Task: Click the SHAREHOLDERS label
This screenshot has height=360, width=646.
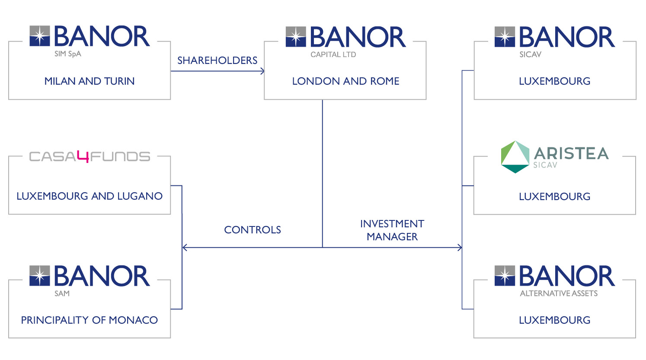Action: pos(217,61)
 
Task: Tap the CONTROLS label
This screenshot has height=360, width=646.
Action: pos(253,230)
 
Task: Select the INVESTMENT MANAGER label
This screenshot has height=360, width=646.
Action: pos(392,230)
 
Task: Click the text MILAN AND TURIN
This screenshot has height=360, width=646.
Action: pos(90,81)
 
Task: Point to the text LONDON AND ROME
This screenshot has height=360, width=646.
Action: pos(345,81)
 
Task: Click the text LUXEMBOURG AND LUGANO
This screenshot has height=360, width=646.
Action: pos(90,196)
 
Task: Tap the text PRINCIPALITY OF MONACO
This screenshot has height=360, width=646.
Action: pos(90,320)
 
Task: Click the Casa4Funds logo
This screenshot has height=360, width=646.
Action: pos(90,157)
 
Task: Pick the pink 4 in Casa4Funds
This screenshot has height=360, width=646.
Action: pos(83,157)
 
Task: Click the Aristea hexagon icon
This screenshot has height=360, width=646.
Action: pos(515,157)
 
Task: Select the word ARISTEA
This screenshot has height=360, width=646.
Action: pos(571,153)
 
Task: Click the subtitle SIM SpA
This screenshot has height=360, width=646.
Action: pos(68,54)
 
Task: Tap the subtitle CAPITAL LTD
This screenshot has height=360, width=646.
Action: pos(333,54)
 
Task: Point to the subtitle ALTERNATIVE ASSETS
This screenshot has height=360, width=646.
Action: pos(559,293)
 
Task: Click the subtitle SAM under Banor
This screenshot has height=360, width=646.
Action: pos(62,293)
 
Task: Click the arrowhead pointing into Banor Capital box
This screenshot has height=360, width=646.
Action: pos(262,71)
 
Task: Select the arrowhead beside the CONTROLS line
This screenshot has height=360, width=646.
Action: pos(185,247)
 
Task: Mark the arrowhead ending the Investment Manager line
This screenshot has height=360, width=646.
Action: pos(460,247)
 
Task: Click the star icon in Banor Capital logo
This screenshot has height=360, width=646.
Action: pos(296,37)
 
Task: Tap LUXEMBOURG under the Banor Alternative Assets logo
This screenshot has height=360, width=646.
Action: pos(555,320)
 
